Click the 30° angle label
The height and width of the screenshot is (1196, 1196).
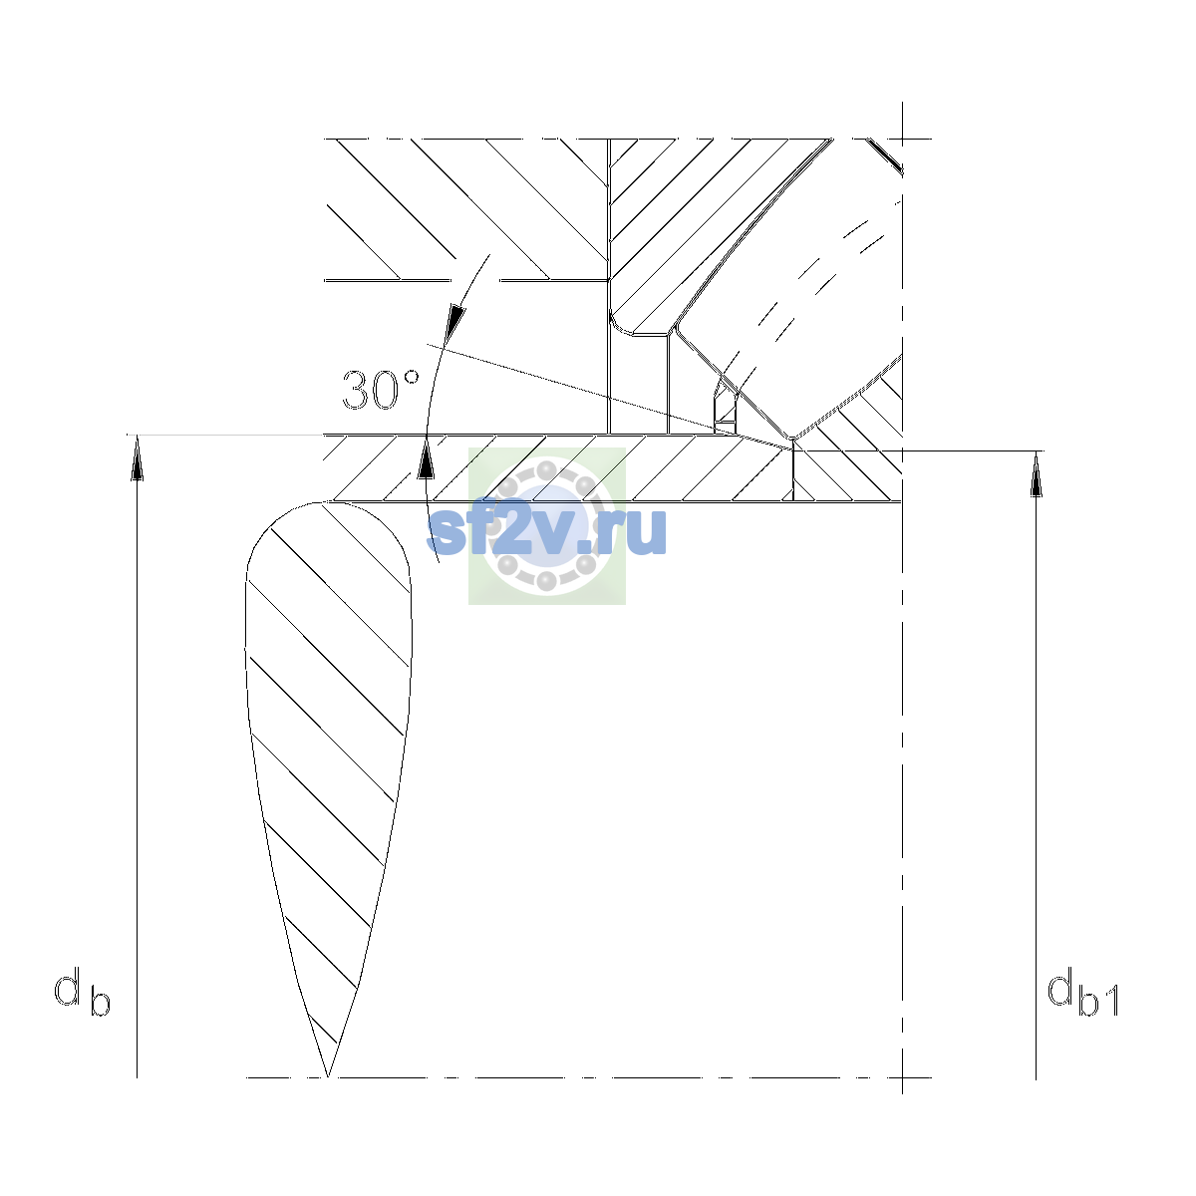pos(381,390)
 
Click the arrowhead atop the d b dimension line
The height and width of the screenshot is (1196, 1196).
pos(137,457)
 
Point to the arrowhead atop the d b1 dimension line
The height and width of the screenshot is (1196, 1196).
pos(1036,473)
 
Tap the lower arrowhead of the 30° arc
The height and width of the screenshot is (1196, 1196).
pos(426,458)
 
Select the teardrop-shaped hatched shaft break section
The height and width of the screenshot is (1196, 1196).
pos(328,769)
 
